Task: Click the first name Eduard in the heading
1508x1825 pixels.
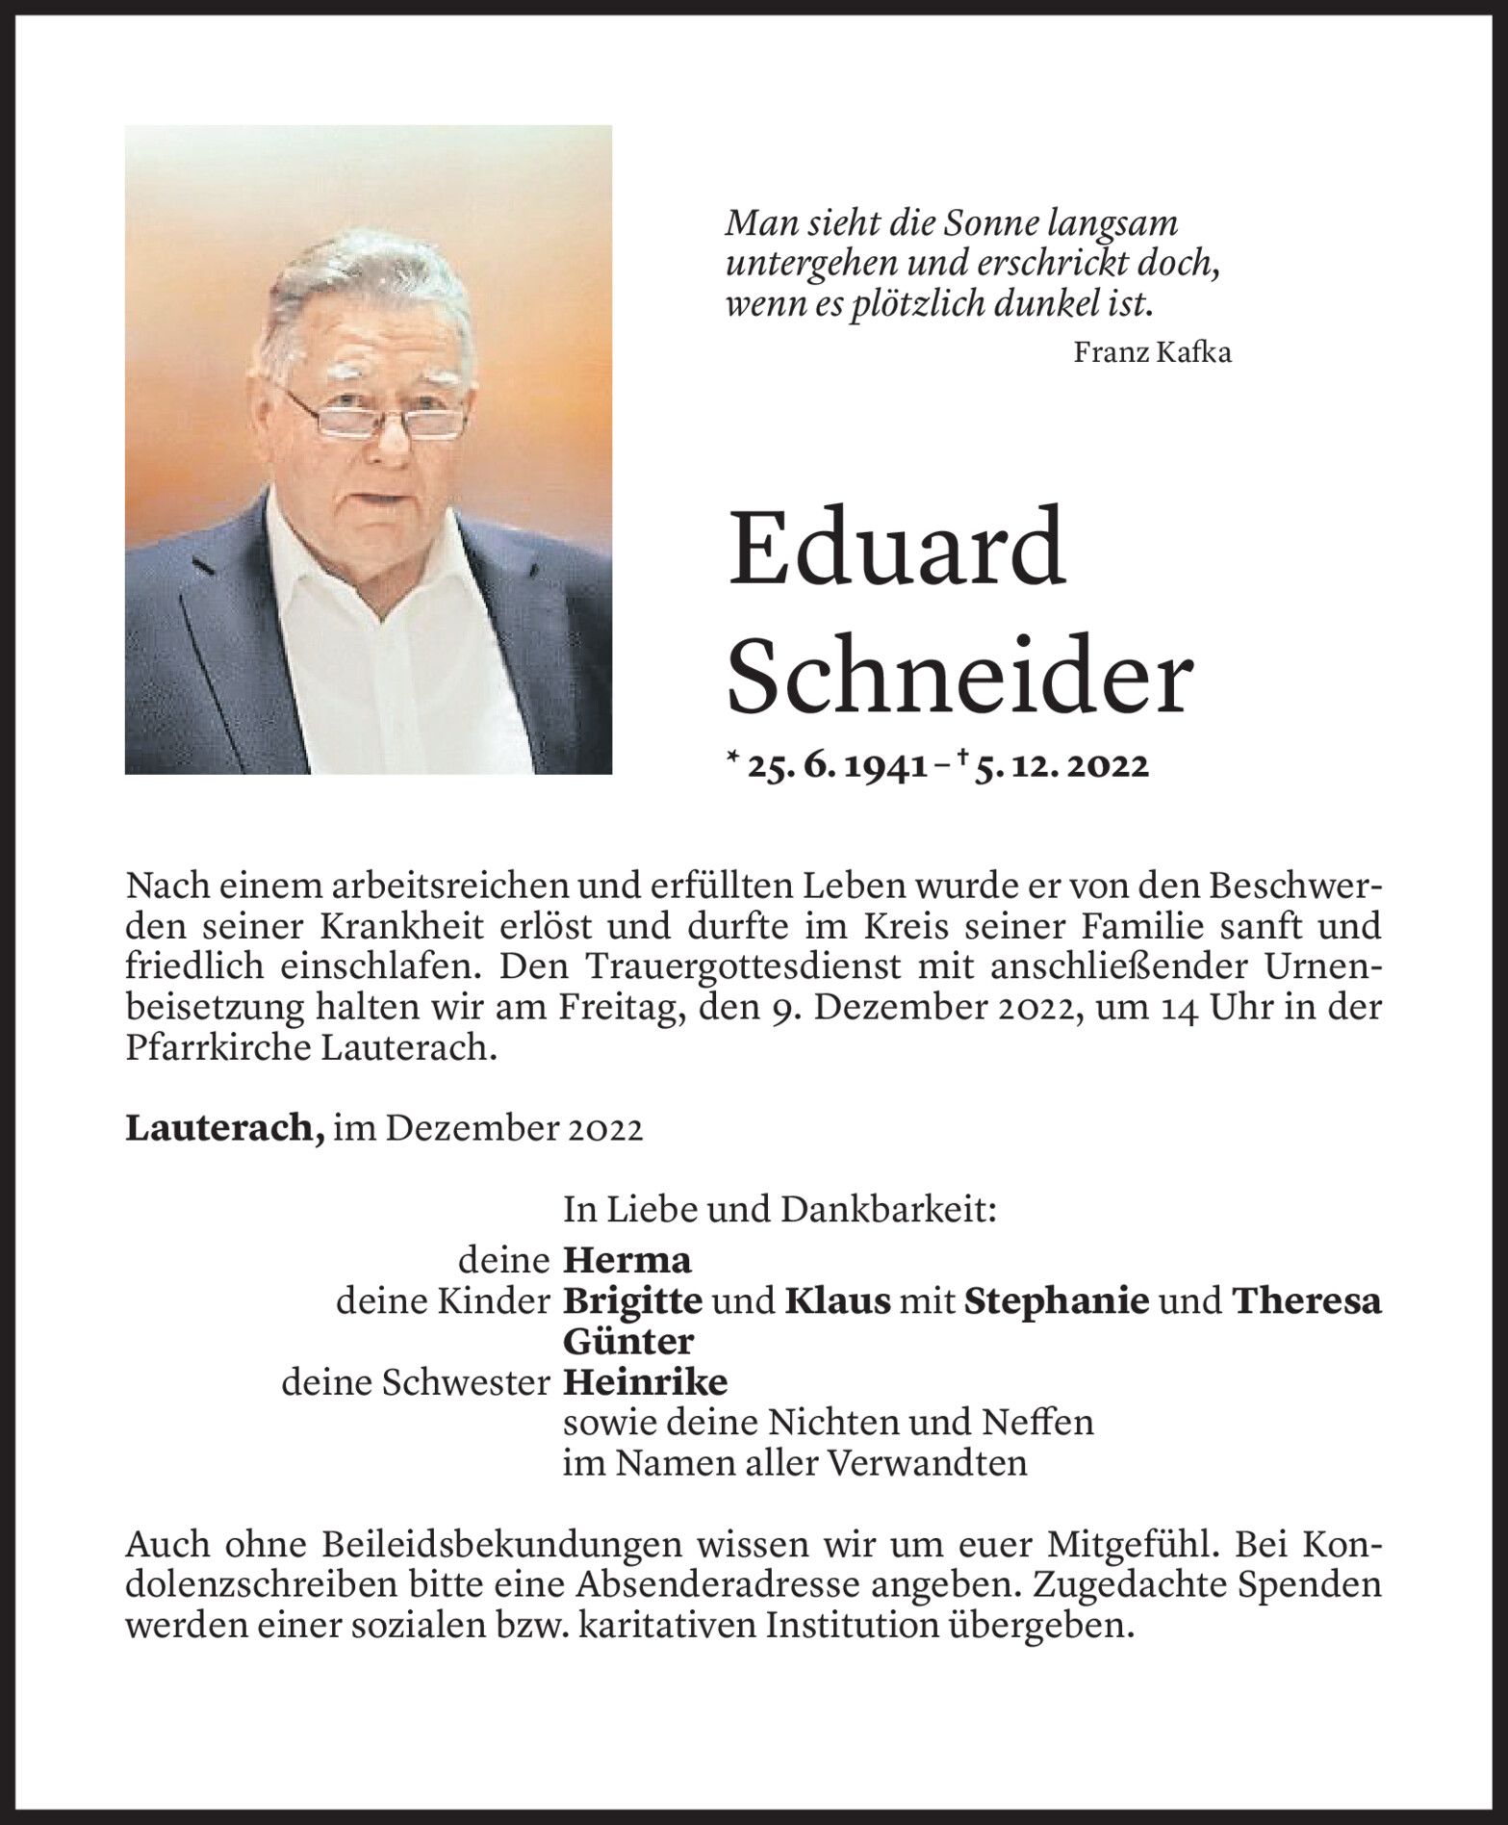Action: [x=896, y=549]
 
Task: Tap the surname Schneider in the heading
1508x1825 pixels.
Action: [x=959, y=677]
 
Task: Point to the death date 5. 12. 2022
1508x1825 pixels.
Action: [x=1061, y=766]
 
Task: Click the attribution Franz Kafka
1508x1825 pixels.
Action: [x=1152, y=352]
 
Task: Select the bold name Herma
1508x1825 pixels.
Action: [x=626, y=1260]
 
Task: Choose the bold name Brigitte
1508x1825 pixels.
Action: [x=632, y=1301]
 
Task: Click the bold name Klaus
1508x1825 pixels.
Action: [x=837, y=1301]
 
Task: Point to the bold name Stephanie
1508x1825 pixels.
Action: [x=1056, y=1301]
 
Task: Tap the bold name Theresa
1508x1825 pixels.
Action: [x=1306, y=1301]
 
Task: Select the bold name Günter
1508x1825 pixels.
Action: [x=627, y=1342]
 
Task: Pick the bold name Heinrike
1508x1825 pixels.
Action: [x=645, y=1382]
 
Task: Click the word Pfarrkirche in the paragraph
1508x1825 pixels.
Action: [x=217, y=1048]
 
